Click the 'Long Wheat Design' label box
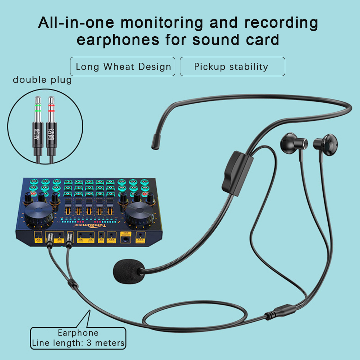tap(123, 66)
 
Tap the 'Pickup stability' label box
tap(232, 66)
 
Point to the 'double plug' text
tap(42, 80)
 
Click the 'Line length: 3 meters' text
tap(78, 343)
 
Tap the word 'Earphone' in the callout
tap(78, 333)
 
